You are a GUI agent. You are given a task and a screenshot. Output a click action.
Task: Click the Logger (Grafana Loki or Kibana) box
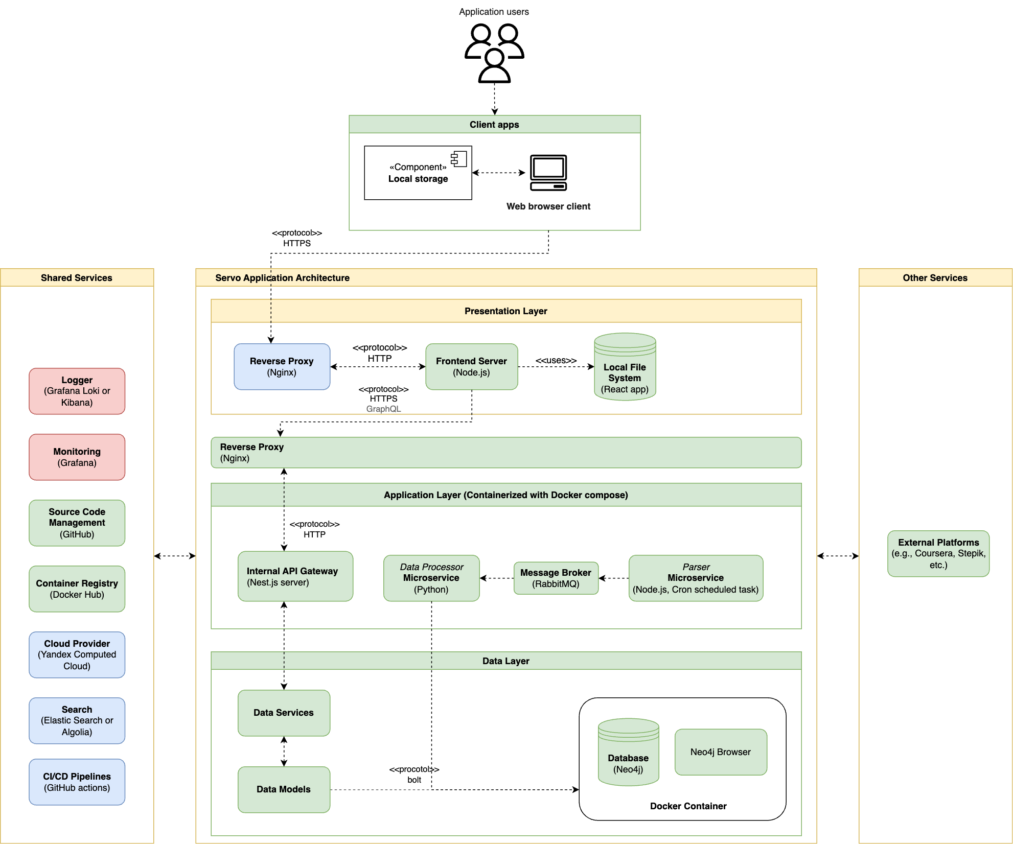coord(77,391)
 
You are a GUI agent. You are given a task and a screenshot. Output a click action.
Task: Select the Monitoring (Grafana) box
coord(77,457)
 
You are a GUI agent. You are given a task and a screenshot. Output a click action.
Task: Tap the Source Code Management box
coord(77,523)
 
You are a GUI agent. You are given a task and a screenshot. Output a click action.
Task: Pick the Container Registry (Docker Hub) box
coord(77,589)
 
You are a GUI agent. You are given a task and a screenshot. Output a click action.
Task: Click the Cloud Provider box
coord(77,654)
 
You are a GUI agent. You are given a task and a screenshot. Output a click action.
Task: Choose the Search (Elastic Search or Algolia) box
coord(77,720)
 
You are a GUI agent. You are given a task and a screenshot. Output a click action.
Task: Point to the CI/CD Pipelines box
coord(77,782)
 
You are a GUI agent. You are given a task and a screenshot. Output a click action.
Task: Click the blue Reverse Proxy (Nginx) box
coord(282,366)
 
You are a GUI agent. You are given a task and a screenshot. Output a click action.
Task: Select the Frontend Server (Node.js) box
coord(471,366)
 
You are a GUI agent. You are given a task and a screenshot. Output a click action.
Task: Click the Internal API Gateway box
coord(295,576)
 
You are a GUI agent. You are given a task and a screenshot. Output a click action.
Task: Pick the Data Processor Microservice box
coord(431,578)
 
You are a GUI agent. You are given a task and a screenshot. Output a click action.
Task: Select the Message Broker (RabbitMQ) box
coord(556,578)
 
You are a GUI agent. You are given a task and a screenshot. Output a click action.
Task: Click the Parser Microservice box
coord(696,578)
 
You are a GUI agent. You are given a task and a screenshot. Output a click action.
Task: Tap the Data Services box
coord(284,713)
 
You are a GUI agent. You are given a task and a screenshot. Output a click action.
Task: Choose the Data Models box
coord(284,789)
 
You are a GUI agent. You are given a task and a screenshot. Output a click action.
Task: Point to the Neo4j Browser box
coord(721,752)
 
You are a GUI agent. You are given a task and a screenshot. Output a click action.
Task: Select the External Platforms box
coord(938,553)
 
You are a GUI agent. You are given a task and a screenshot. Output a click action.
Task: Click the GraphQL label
coord(383,409)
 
